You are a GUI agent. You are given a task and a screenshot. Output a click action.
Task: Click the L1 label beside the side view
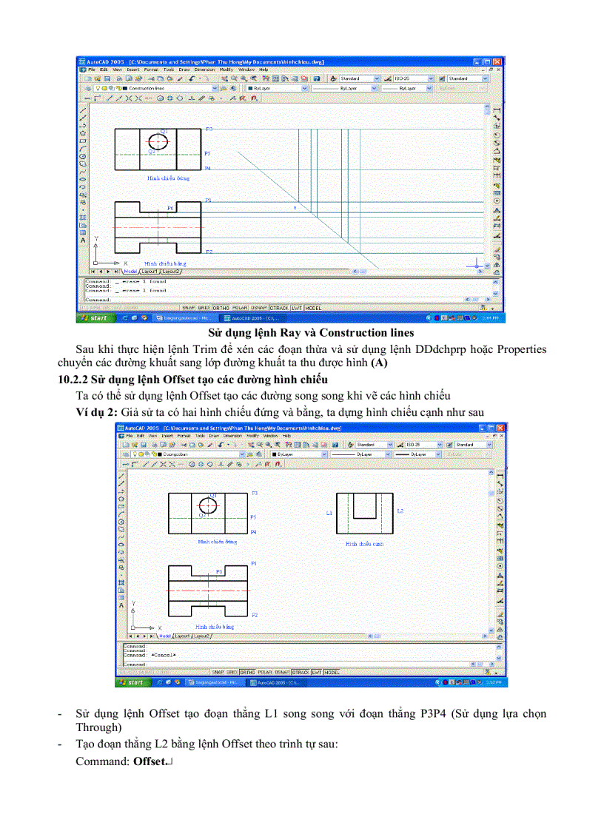coord(329,512)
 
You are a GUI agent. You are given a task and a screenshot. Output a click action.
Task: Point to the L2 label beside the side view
coord(400,511)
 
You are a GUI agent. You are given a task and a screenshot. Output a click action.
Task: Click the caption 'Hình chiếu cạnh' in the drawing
coord(364,544)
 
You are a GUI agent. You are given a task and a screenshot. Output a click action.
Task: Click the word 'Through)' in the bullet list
coord(98,727)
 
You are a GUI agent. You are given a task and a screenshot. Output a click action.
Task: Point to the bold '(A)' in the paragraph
coord(379,362)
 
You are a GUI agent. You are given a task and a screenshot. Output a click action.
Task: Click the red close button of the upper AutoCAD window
coord(497,61)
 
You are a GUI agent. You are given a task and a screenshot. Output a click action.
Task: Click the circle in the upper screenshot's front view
coord(158,141)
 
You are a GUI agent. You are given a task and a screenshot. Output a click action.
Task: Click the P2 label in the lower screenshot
coord(254,615)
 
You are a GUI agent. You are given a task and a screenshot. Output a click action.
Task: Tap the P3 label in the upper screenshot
coord(209,129)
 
